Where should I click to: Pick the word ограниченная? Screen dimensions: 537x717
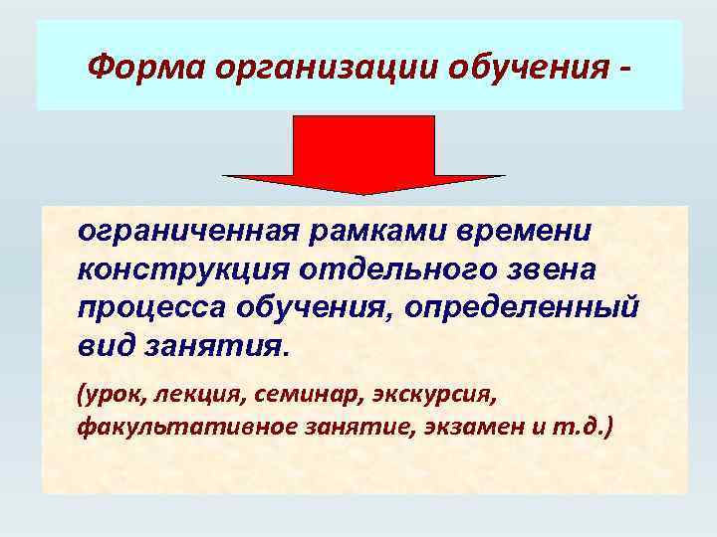[x=188, y=231]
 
